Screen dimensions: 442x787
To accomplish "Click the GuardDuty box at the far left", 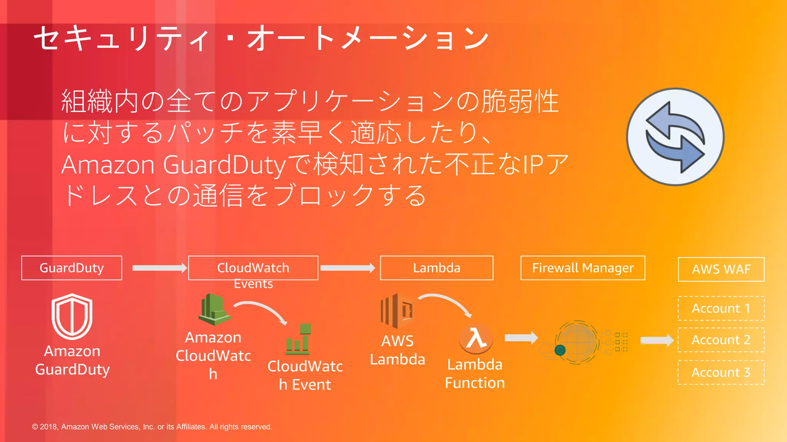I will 71,268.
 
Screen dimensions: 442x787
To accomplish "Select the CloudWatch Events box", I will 253,268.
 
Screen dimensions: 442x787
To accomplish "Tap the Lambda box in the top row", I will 437,268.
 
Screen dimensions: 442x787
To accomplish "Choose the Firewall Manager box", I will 583,268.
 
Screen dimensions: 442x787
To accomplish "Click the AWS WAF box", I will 721,269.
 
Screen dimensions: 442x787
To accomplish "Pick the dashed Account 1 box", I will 721,308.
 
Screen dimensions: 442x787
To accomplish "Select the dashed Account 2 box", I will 721,340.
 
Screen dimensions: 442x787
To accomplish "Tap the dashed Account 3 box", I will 721,372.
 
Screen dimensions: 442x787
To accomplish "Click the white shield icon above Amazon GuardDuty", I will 72,316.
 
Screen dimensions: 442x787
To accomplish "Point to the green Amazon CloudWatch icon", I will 214,309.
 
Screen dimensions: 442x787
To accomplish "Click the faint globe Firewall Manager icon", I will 576,342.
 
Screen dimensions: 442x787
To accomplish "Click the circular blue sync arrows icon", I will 675,137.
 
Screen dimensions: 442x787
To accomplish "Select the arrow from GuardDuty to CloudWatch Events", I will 159,268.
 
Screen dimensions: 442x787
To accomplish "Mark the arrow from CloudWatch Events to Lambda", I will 347,268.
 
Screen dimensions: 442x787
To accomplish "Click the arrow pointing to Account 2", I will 656,340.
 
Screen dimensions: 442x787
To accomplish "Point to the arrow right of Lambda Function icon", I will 521,338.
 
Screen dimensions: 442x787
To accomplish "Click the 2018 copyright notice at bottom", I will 152,427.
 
